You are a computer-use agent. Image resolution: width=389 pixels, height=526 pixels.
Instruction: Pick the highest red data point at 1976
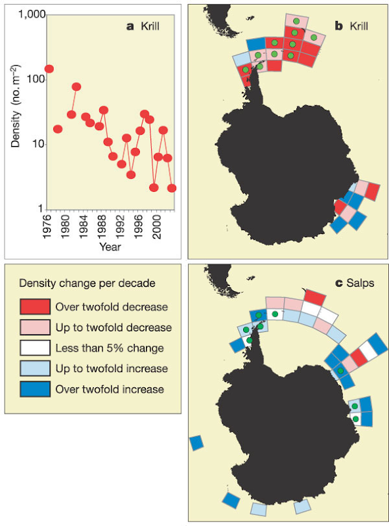point(49,69)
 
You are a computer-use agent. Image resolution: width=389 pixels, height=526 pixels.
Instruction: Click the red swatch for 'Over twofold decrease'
point(35,306)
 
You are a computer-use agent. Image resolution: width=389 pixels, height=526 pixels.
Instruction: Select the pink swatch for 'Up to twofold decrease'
point(35,327)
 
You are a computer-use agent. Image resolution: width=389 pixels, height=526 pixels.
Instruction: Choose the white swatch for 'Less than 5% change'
point(35,348)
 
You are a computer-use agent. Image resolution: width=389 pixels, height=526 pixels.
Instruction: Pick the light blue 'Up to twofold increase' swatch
point(35,368)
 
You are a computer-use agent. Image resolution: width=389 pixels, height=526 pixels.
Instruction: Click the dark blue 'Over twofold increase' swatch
point(35,389)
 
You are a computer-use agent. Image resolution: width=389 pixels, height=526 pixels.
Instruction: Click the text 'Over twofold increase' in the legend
point(110,389)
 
